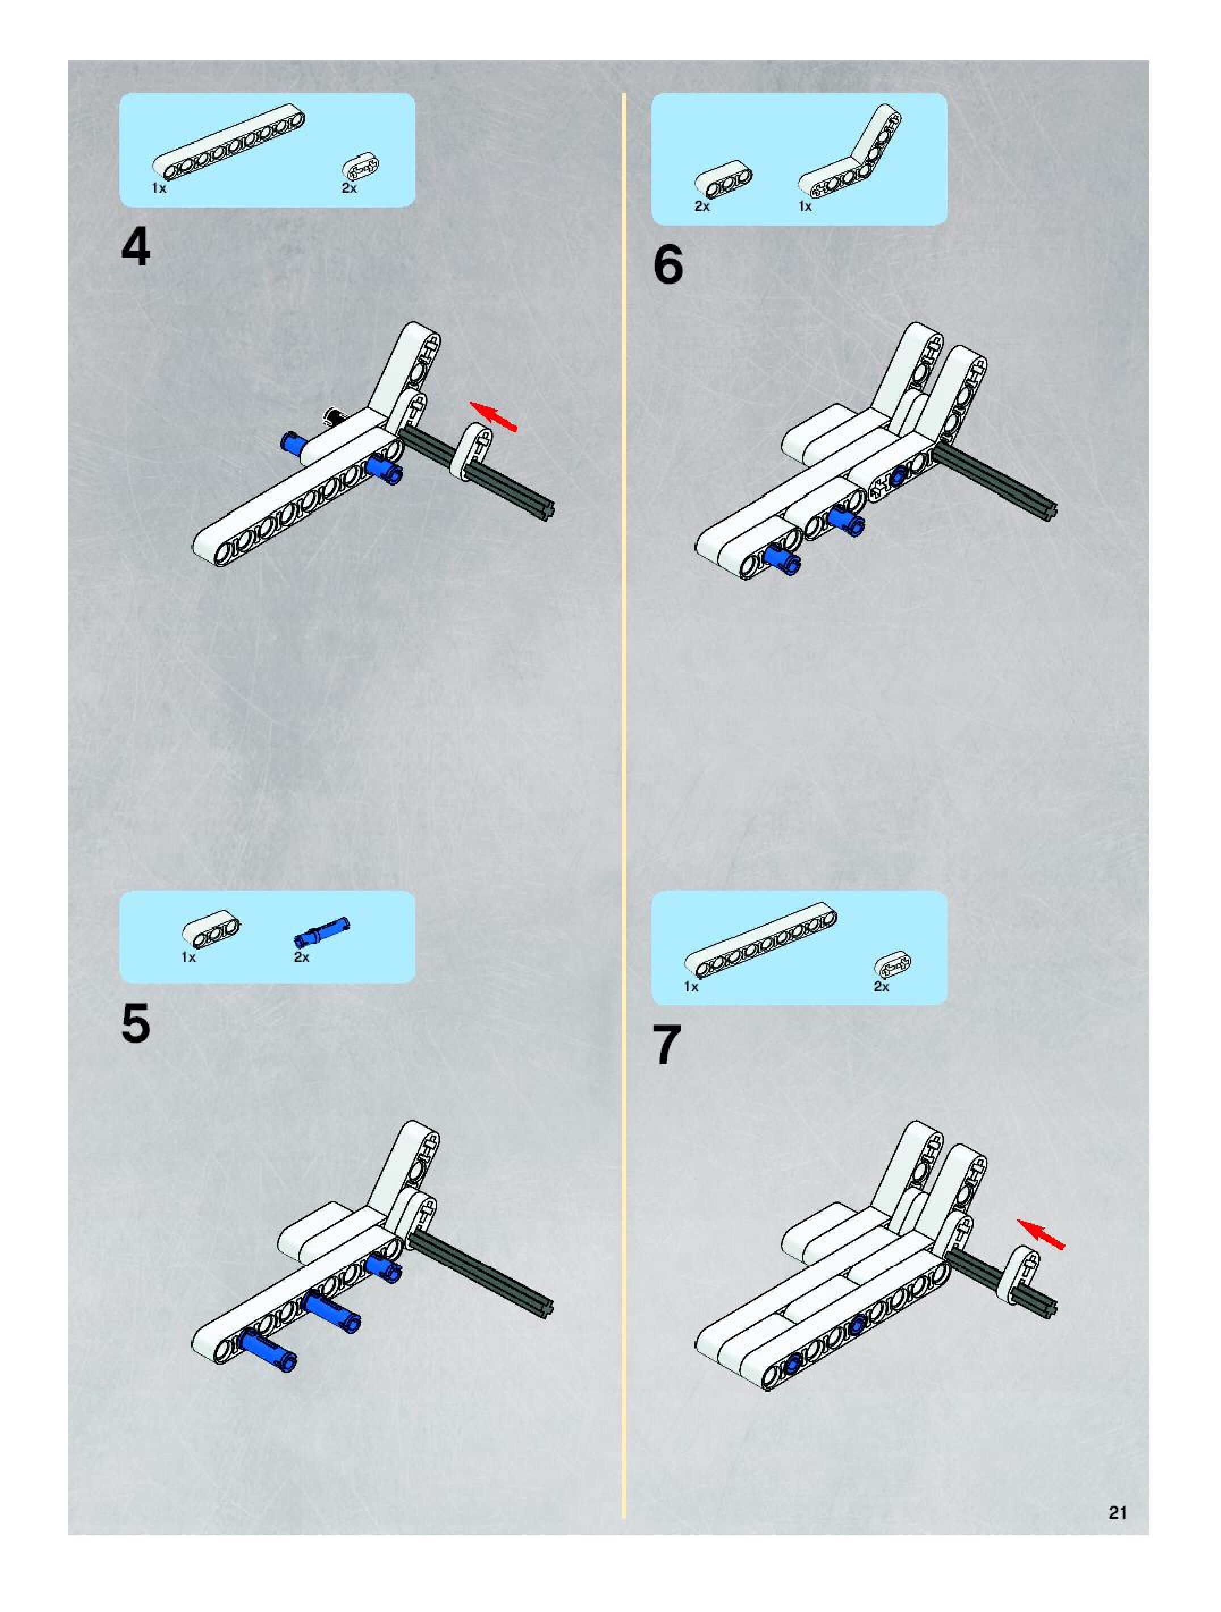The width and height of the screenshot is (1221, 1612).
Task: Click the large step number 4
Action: click(x=136, y=247)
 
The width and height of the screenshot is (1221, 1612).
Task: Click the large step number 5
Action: click(x=136, y=1023)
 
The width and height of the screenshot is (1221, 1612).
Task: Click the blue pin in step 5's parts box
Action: click(x=322, y=931)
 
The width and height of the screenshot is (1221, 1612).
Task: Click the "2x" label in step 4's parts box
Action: click(x=349, y=188)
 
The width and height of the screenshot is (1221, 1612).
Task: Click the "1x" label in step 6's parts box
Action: click(x=805, y=206)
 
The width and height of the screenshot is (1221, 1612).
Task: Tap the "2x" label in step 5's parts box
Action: click(x=302, y=957)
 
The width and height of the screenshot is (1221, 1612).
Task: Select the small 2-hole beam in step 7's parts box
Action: click(x=892, y=964)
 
